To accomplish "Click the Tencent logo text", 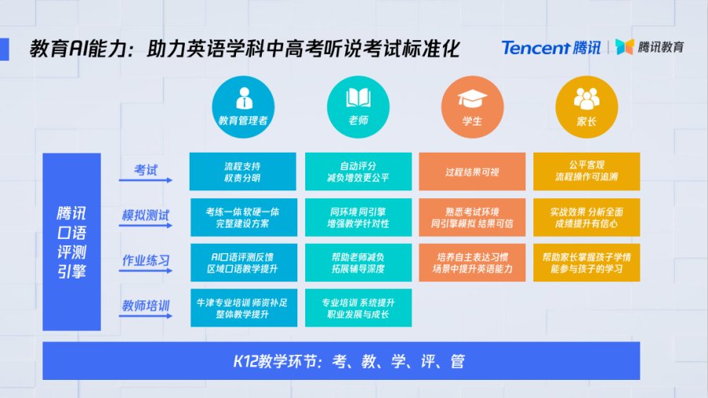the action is [536, 47].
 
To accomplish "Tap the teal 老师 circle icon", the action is [358, 107].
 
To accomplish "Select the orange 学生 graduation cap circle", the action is [472, 107].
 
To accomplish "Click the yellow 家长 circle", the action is [587, 107].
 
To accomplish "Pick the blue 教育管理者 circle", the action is [243, 107].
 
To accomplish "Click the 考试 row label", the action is [146, 170].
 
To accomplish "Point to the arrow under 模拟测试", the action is [146, 225].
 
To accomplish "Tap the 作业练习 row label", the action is [146, 260].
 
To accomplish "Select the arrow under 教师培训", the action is [146, 316].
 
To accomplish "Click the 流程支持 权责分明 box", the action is [243, 171].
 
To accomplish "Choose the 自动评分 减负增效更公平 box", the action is [359, 171].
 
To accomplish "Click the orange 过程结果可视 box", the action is [472, 171].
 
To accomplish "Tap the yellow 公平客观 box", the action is [587, 171].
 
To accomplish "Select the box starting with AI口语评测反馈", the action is [244, 263].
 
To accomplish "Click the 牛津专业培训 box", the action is [244, 308].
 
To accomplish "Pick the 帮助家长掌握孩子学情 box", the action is [587, 263].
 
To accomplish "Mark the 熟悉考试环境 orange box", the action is [472, 217].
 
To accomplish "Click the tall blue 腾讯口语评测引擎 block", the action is [72, 242].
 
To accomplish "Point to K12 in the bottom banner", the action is [245, 361].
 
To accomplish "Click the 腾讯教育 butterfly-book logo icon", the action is [625, 46].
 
